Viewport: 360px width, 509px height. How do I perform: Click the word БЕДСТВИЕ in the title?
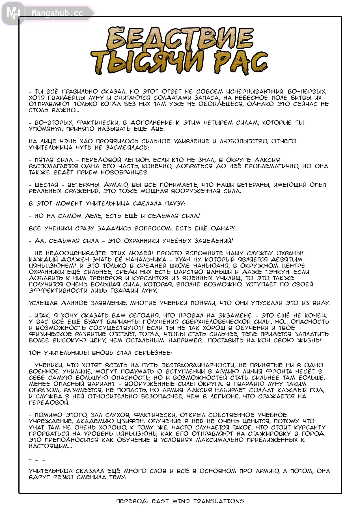180,38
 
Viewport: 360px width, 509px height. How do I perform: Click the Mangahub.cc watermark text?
57,13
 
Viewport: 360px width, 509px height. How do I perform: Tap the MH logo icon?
13,13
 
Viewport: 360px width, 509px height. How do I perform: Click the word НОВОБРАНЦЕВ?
124,172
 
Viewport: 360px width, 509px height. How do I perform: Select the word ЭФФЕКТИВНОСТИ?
58,290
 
